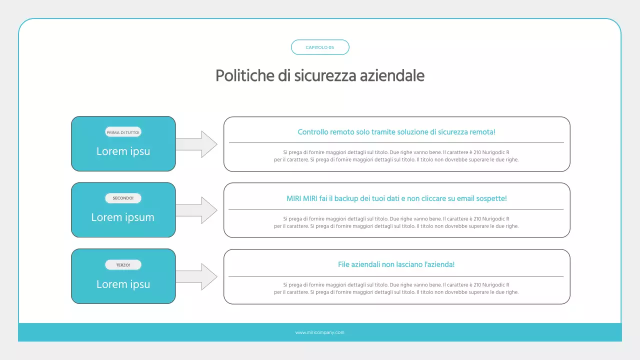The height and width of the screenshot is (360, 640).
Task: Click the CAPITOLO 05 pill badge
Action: coord(320,47)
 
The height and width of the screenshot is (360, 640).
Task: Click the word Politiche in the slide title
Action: coord(238,76)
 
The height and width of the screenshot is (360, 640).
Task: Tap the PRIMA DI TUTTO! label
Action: coord(123,132)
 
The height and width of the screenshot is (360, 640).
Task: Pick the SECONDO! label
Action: coord(123,198)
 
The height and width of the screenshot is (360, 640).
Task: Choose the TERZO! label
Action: coord(123,265)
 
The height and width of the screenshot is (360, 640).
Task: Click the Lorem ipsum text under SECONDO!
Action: coord(123,217)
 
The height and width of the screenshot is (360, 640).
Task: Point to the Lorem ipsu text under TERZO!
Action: coord(123,284)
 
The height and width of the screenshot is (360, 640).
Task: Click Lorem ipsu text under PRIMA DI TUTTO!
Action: coord(123,151)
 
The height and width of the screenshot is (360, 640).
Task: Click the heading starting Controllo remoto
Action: coord(396,132)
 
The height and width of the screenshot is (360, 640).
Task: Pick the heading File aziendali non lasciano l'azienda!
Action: coord(396,264)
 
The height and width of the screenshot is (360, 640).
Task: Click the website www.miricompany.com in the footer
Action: coord(320,332)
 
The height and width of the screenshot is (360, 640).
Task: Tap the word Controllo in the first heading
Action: coord(313,132)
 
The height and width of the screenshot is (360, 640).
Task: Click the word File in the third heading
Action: coord(344,264)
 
